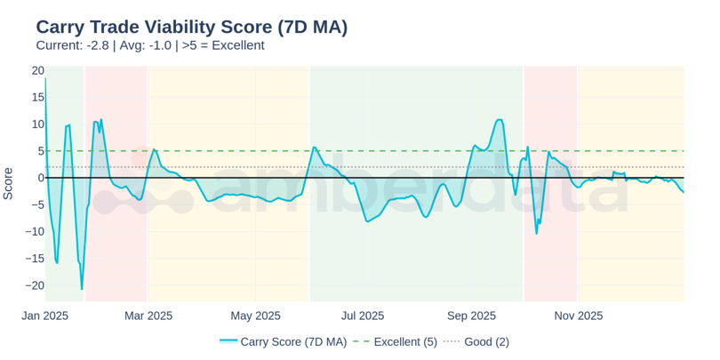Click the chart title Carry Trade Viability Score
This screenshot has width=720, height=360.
tap(191, 27)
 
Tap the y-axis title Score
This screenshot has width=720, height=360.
tap(8, 183)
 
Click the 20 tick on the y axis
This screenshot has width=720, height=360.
tap(37, 70)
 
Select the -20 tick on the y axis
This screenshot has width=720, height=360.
tap(35, 285)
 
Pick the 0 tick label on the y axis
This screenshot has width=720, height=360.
tap(40, 178)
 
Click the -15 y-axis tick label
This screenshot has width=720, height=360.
tap(35, 259)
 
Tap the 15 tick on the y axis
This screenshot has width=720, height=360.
tap(37, 97)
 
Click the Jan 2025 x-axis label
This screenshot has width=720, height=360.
tap(45, 316)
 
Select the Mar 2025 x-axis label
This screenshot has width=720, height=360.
tap(148, 316)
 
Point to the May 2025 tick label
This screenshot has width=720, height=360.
tap(255, 316)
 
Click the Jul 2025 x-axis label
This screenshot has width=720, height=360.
tap(363, 316)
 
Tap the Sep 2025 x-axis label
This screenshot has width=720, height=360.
tap(471, 316)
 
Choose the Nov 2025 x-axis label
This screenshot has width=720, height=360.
tap(579, 316)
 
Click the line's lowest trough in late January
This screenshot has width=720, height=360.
tap(82, 289)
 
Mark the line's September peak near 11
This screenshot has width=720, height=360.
tap(499, 119)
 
